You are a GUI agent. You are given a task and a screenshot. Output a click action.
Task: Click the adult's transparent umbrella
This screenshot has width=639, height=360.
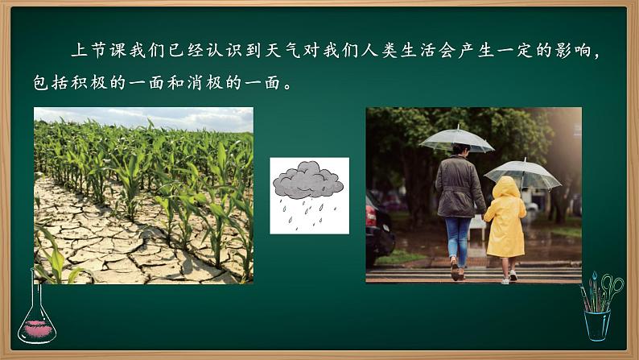[456, 139]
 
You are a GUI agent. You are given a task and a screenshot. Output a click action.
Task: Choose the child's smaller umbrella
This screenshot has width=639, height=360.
[522, 173]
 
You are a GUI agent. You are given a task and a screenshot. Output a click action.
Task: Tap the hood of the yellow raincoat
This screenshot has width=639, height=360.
[506, 188]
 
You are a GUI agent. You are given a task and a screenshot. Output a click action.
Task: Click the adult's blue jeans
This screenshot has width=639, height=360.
[458, 238]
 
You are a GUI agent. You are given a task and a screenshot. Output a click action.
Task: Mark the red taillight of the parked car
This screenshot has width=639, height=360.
[371, 216]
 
